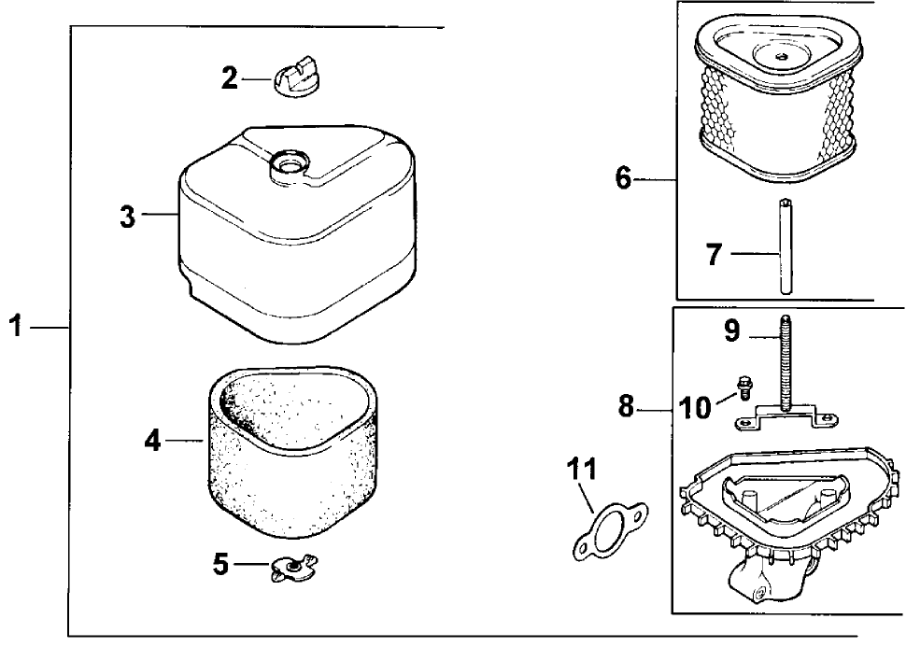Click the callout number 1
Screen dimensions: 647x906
tap(14, 327)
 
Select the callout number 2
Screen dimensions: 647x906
tap(230, 78)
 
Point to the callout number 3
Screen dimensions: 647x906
tap(127, 218)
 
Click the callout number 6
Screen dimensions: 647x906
tap(624, 177)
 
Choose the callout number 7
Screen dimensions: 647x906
tap(714, 254)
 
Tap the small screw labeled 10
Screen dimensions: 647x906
tap(745, 384)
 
